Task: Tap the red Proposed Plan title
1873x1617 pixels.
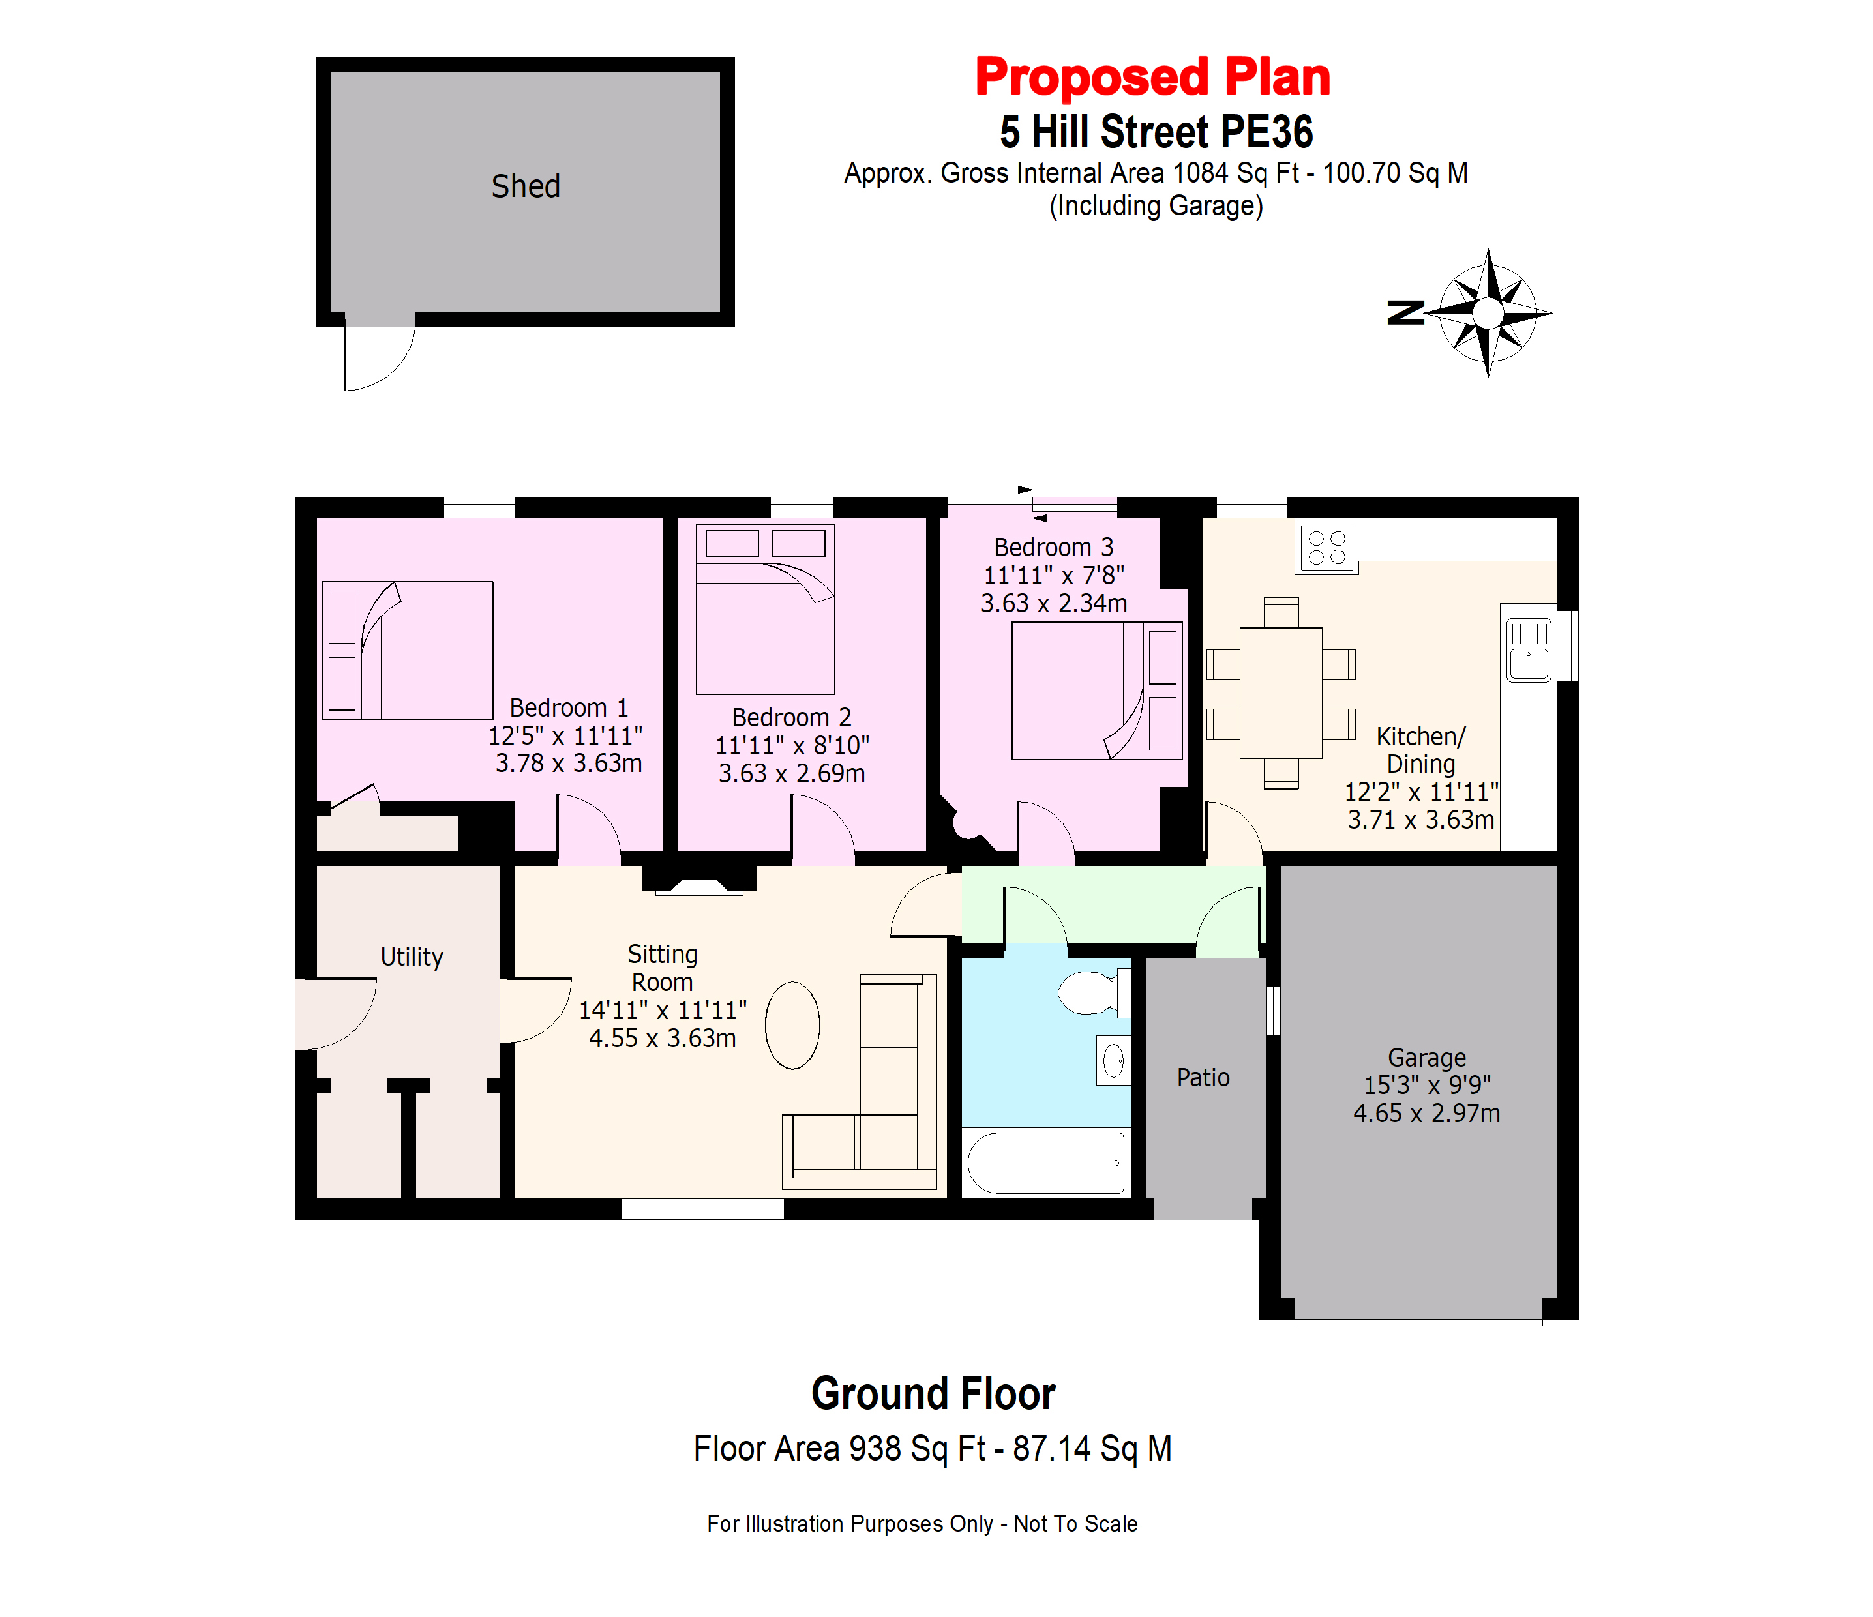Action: click(1152, 77)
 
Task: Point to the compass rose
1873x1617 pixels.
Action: click(1488, 314)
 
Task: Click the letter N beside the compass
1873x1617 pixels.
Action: click(1405, 313)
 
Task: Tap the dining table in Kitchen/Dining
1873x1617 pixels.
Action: click(1281, 692)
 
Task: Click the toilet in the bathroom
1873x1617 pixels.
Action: click(1094, 992)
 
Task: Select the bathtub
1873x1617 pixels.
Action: click(1046, 1163)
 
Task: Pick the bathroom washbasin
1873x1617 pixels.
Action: click(1114, 1060)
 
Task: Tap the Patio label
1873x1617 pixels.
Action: click(1203, 1077)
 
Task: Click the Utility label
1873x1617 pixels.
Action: click(412, 957)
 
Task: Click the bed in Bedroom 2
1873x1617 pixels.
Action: click(765, 609)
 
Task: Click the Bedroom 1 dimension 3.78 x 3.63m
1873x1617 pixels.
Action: click(569, 763)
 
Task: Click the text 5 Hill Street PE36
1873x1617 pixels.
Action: click(1156, 132)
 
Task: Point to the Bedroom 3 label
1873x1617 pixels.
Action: click(1053, 547)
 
